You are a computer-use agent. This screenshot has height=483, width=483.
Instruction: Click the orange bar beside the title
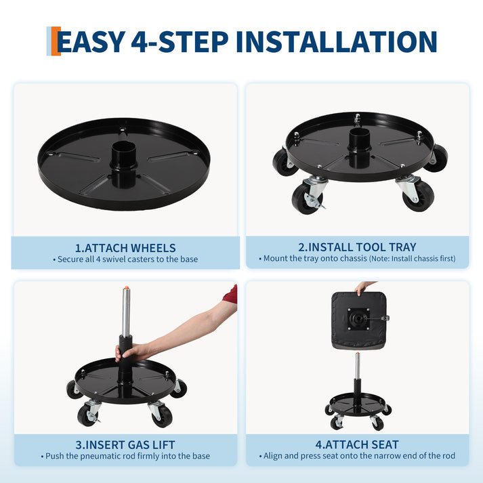(56, 41)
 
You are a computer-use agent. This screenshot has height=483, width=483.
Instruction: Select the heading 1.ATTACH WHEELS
(125, 248)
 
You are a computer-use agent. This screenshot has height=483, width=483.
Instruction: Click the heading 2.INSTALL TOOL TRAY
(357, 247)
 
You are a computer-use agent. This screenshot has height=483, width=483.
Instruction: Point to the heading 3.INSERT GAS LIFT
(125, 445)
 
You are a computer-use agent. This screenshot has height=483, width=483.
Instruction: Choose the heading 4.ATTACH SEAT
(357, 445)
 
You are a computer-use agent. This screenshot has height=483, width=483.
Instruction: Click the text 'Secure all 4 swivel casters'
(125, 259)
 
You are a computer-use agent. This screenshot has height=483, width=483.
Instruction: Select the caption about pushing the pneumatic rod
(125, 457)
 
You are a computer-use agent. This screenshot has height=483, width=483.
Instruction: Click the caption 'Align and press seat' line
(357, 457)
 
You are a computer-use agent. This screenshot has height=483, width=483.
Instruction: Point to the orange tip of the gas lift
(127, 289)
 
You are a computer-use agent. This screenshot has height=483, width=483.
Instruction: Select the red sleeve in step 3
(231, 294)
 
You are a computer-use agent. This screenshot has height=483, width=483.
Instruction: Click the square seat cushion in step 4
(358, 320)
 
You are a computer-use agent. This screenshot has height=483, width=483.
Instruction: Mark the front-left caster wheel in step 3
(87, 415)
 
